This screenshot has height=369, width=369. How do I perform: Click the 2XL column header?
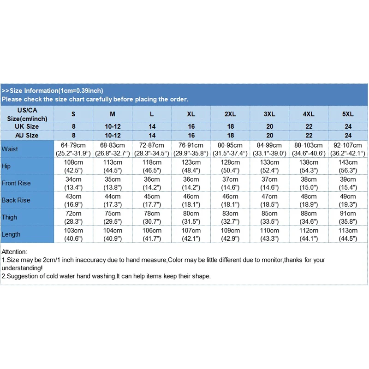[230, 114]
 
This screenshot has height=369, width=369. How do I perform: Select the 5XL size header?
[348, 114]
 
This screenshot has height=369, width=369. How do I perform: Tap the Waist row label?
[10, 149]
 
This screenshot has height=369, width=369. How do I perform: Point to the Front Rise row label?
[16, 183]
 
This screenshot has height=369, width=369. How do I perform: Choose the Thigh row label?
[9, 217]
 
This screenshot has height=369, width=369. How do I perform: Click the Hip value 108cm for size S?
[73, 162]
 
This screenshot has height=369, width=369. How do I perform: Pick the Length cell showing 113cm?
[348, 231]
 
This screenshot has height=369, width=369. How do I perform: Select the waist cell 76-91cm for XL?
[191, 145]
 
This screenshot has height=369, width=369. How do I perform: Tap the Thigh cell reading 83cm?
[230, 214]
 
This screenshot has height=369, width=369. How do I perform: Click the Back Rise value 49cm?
[348, 196]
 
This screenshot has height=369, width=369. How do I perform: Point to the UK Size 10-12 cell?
[113, 126]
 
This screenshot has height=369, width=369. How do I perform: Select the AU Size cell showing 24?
[348, 135]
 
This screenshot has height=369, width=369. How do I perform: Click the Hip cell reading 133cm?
[269, 162]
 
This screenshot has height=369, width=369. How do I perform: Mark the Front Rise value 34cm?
[73, 179]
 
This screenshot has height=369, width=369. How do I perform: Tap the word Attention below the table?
[14, 252]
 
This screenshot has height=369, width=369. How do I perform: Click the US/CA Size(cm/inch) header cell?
[27, 114]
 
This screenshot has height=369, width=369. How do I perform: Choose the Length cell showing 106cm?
[152, 231]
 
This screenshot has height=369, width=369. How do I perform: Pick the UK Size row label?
[27, 126]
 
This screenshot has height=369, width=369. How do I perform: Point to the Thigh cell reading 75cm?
[113, 214]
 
